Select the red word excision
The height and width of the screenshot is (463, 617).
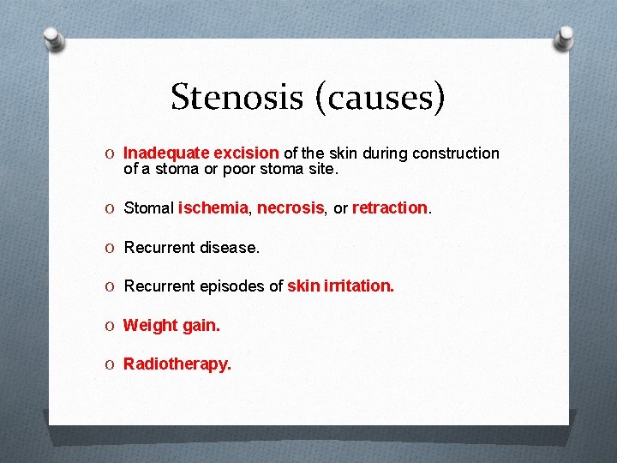coord(245,153)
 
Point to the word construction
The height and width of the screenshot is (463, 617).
coord(455,153)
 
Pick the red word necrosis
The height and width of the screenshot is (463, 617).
coord(291,208)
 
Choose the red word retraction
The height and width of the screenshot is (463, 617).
coord(389,208)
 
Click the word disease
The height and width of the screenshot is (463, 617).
coord(229,248)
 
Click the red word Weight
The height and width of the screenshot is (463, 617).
coord(148,325)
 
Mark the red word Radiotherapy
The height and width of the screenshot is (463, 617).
coord(177,364)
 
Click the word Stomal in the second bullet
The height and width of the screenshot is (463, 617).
coord(149,208)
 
